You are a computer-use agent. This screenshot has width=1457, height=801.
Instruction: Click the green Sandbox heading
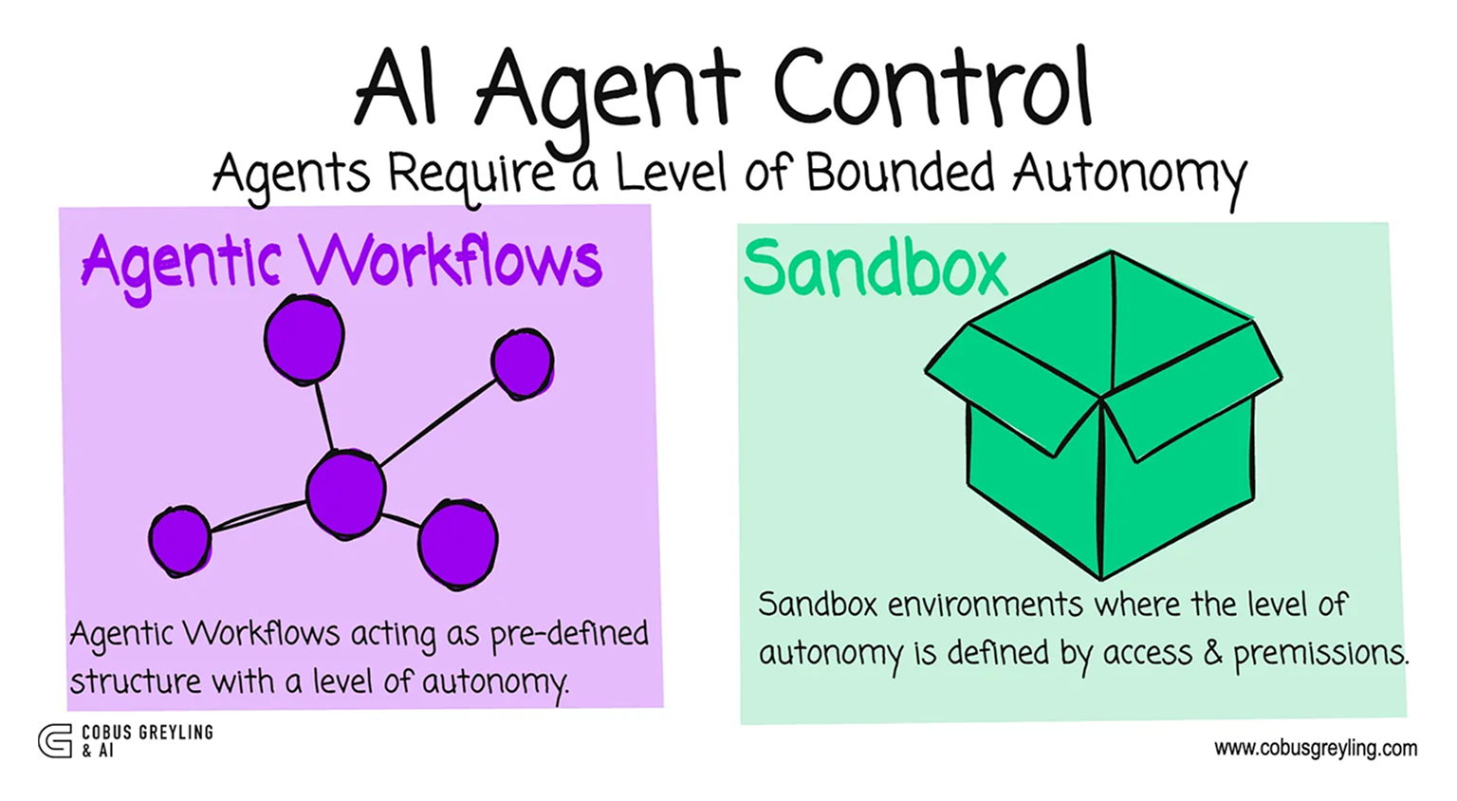pos(874,269)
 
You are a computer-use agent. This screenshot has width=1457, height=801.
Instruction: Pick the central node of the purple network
pos(345,494)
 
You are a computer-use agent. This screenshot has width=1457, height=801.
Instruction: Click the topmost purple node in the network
pos(304,339)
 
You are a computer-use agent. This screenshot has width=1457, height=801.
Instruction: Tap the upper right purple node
pos(522,363)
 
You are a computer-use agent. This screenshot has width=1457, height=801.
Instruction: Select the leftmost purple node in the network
pos(180,539)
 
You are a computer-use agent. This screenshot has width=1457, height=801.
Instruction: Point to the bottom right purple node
pos(458,545)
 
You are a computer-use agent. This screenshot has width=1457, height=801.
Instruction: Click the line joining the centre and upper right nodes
pos(437,422)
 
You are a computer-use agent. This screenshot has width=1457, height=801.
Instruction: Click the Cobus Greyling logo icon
pos(55,740)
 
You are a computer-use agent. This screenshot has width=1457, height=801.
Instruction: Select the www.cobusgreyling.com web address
pos(1315,748)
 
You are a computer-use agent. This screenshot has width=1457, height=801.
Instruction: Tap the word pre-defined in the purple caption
pos(569,634)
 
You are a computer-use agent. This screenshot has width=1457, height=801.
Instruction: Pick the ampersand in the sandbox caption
pos(1211,653)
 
